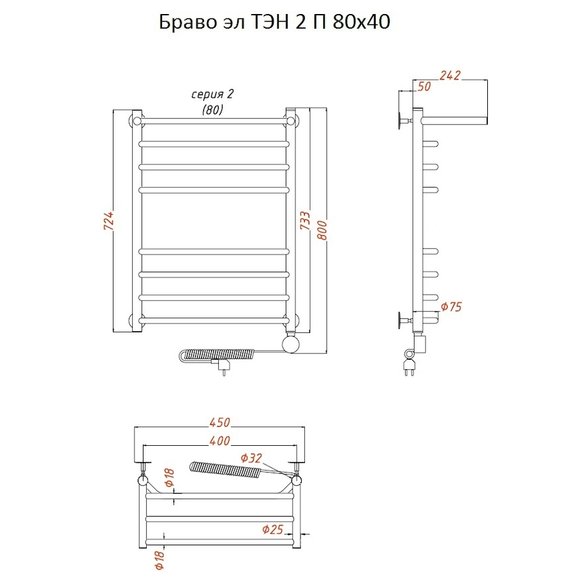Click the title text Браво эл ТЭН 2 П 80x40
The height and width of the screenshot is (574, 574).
coord(274,22)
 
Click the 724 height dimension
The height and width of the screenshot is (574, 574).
coord(109,221)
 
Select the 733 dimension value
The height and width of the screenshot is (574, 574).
coord(305,221)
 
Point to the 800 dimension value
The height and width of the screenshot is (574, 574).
coord(322,230)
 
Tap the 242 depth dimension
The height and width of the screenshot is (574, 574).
coord(450,75)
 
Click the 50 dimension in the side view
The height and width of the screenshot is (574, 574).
coord(424,87)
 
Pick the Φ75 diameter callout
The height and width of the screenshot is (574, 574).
coord(452,306)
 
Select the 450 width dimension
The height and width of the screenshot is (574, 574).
coord(219,422)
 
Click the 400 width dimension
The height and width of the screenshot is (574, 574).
coord(219,441)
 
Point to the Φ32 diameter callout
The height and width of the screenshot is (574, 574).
coord(251,458)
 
